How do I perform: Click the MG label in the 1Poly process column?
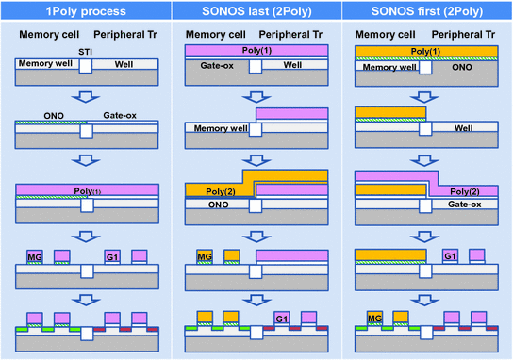(x=35, y=256)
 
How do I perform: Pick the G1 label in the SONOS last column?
(x=281, y=319)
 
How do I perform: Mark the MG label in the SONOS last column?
(x=205, y=256)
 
